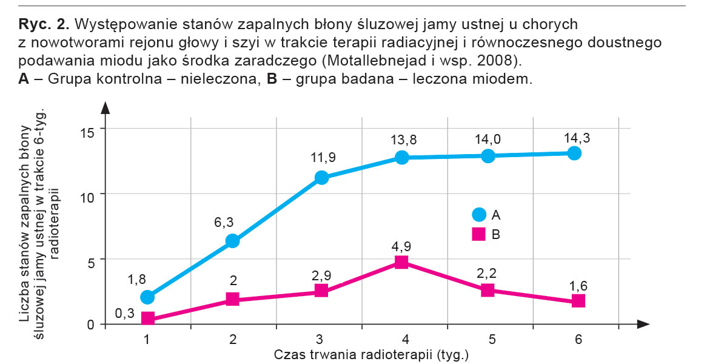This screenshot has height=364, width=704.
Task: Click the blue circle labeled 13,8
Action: click(401, 157)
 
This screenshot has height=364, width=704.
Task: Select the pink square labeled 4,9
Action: click(401, 262)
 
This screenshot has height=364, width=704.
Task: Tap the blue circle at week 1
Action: click(147, 297)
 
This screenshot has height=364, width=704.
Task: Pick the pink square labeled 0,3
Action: click(147, 318)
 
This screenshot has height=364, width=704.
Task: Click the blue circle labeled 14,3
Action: click(574, 153)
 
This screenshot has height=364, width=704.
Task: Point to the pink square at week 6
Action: click(578, 301)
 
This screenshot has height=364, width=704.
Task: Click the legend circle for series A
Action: click(479, 214)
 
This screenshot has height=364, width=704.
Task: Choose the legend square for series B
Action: click(479, 234)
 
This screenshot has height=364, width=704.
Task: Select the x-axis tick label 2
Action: click(233, 340)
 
